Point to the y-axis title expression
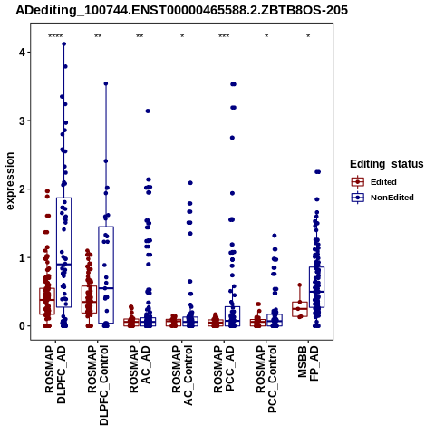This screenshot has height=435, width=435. (10, 181)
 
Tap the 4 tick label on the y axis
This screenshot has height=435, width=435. (21, 53)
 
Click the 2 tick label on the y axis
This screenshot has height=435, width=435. (21, 189)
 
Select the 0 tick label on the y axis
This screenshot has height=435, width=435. (21, 326)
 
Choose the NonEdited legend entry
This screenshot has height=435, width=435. (382, 198)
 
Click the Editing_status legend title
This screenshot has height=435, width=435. (387, 164)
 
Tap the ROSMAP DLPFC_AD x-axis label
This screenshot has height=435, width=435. (55, 375)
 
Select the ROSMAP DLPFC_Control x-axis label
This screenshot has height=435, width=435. (98, 385)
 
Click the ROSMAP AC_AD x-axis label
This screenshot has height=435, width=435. (140, 369)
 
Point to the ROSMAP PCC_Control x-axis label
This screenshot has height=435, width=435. (266, 379)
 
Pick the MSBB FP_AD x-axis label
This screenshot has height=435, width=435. (308, 363)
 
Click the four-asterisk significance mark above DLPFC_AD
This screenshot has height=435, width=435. (55, 36)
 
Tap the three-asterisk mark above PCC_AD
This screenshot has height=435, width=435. (224, 36)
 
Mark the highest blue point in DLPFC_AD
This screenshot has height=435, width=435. (64, 44)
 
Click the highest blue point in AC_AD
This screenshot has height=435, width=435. (148, 111)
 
